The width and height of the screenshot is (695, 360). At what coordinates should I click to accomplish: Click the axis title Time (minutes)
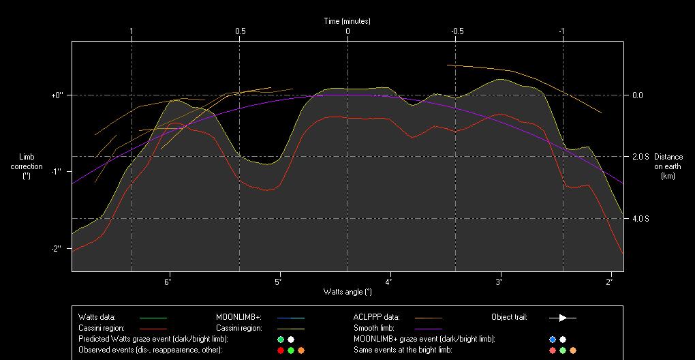click(347, 21)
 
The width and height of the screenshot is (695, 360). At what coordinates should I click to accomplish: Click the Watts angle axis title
click(347, 292)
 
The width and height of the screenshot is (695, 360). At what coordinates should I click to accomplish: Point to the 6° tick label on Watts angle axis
click(168, 281)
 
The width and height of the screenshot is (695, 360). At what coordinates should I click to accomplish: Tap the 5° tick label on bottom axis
click(279, 281)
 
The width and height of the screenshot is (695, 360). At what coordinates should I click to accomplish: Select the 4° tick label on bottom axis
click(389, 281)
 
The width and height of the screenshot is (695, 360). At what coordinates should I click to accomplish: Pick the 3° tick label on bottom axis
click(499, 281)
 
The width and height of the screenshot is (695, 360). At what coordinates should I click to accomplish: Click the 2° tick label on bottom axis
click(610, 281)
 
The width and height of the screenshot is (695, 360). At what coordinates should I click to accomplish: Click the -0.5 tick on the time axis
click(457, 31)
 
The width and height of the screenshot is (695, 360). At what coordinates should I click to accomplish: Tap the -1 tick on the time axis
click(561, 31)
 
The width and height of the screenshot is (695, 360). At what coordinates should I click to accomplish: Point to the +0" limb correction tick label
click(57, 95)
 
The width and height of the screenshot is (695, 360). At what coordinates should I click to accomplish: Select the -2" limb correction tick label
click(57, 248)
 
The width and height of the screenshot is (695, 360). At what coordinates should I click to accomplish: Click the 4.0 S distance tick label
click(641, 219)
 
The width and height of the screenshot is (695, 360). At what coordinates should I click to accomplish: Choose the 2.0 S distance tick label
click(641, 157)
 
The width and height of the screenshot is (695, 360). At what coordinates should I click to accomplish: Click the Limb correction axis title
click(27, 166)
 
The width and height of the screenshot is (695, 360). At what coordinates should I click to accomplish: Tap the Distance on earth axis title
click(668, 166)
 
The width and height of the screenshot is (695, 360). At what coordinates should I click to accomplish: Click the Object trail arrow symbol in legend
click(563, 317)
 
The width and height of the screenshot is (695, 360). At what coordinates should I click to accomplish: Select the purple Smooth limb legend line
click(429, 328)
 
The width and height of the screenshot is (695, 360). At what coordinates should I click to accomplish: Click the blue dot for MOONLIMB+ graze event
click(553, 339)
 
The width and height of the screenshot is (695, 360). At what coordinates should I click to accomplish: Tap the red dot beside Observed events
click(280, 350)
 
